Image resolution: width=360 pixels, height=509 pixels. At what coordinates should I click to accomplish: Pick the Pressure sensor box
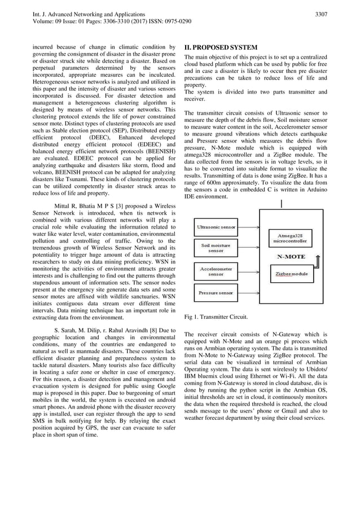[x=215, y=293]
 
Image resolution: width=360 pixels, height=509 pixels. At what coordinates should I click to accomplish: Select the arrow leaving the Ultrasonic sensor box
[x=248, y=227]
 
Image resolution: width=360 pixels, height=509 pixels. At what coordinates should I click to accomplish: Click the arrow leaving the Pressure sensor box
[x=248, y=293]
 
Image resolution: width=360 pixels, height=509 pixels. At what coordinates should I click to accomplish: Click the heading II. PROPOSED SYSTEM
[x=221, y=47]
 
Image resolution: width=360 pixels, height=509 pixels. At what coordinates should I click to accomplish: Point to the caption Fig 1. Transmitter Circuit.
[x=216, y=317]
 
